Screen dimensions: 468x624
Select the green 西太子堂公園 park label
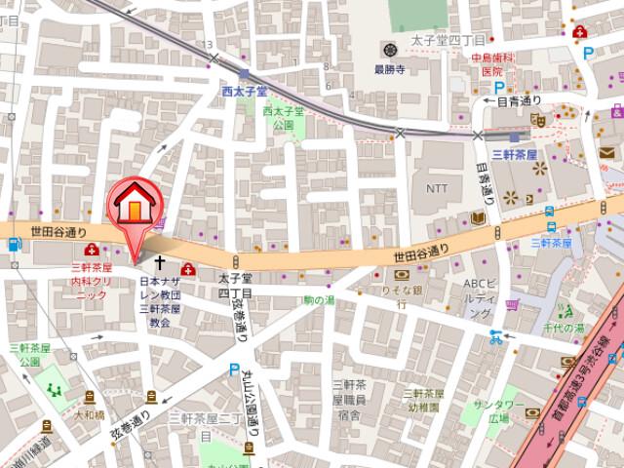(284, 118)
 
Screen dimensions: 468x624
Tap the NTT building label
(435, 186)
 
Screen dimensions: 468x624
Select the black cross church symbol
(162, 264)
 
